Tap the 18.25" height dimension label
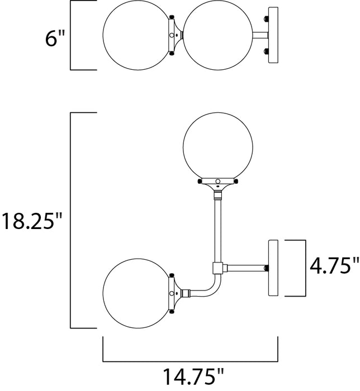point(30,221)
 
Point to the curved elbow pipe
point(208,287)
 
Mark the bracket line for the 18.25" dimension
point(69,221)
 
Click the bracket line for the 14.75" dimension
point(190,360)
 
